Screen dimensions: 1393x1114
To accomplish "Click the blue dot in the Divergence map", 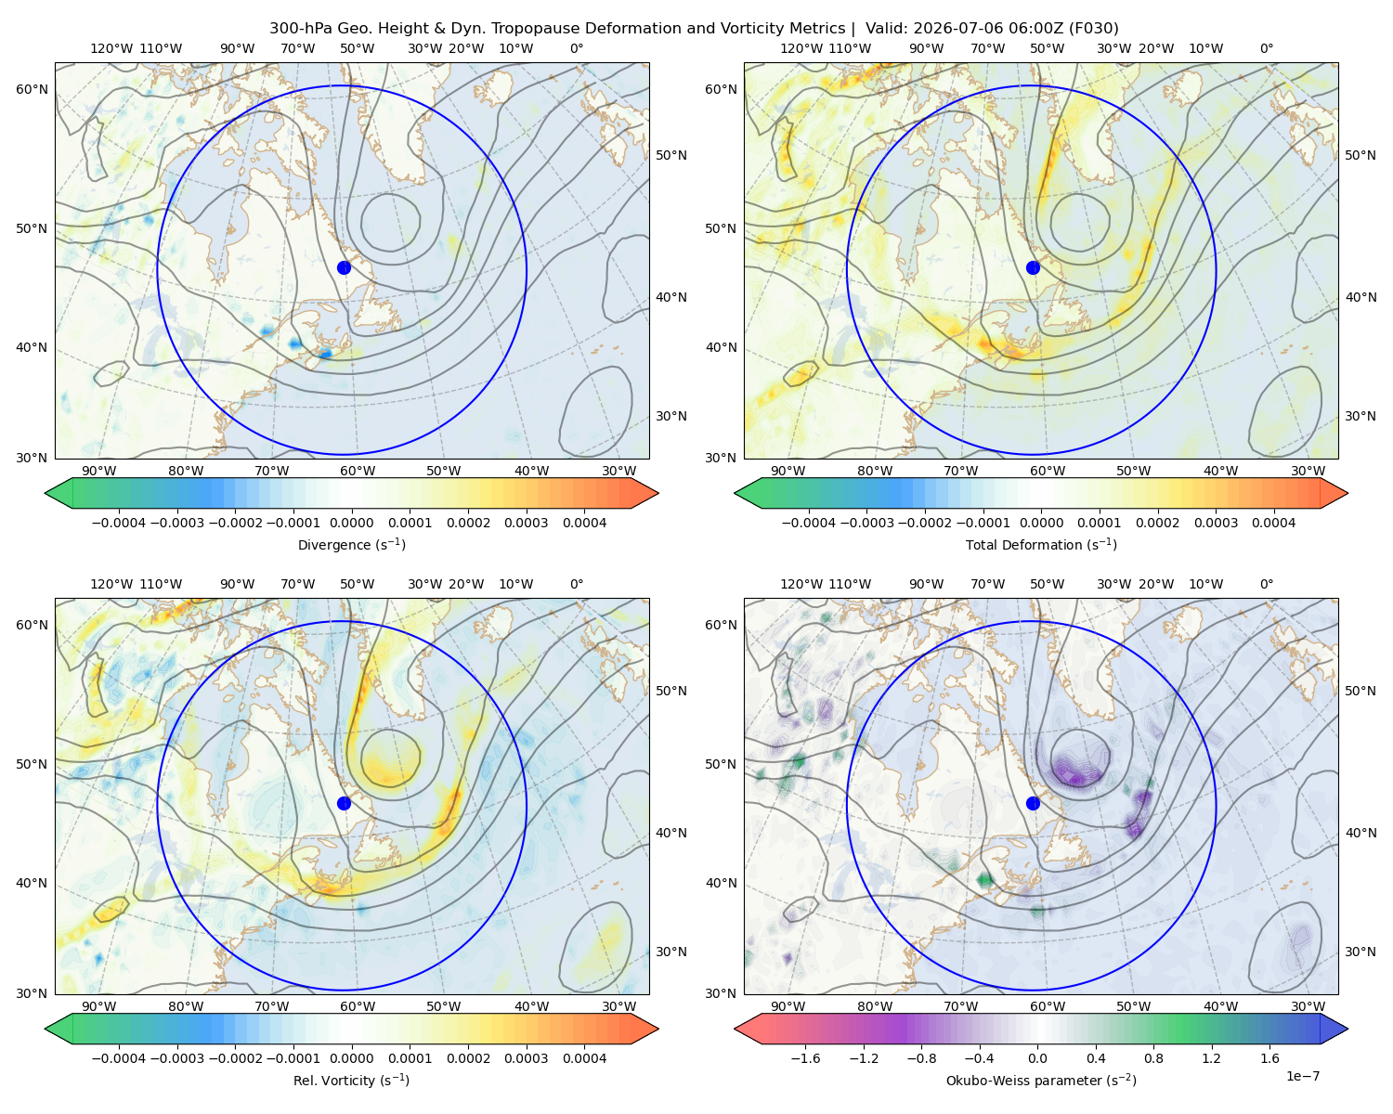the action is point(344,267).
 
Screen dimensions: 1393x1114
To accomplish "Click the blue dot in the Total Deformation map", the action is point(1033,267).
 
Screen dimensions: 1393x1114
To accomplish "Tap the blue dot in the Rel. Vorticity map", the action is point(344,803).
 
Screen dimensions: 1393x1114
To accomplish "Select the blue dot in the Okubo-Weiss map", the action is point(1033,803).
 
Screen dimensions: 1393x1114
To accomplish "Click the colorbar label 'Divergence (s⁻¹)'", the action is point(351,544).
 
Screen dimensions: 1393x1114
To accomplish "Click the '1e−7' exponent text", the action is point(1302,1076).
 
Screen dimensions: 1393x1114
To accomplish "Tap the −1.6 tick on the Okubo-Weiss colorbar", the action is point(805,1057).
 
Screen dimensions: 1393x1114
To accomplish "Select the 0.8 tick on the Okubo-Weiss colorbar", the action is point(1153,1057).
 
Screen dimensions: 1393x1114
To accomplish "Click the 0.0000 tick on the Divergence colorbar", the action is point(351,523).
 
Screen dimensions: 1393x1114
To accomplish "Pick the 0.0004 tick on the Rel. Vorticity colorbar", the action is point(584,1057).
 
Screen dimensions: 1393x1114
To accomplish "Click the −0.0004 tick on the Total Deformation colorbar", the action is point(809,523).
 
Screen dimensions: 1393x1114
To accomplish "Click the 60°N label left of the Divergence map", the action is point(32,89).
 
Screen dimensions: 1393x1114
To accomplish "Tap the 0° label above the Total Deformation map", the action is point(1266,48).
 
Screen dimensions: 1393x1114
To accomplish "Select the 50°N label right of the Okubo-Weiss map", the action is point(1360,691).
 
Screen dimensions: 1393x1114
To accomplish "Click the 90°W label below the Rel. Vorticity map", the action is point(99,1006).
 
